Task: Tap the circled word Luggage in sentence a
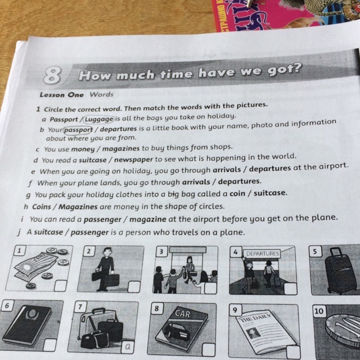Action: tap(99, 119)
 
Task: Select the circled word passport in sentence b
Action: tap(78, 130)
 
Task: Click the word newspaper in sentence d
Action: tap(133, 159)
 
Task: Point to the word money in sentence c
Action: tap(83, 150)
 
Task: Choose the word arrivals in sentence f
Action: tap(196, 182)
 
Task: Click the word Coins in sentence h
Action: tap(42, 206)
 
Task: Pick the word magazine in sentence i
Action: tap(147, 219)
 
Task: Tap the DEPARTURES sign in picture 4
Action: tap(262, 254)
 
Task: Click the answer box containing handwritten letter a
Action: tap(128, 346)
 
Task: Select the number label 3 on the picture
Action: tap(161, 251)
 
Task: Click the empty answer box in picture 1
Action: tap(60, 286)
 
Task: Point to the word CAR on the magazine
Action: tap(182, 314)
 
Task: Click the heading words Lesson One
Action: tap(61, 95)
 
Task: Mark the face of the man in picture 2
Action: tap(107, 253)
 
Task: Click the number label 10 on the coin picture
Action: tap(319, 311)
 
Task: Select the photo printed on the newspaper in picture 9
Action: tap(253, 333)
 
